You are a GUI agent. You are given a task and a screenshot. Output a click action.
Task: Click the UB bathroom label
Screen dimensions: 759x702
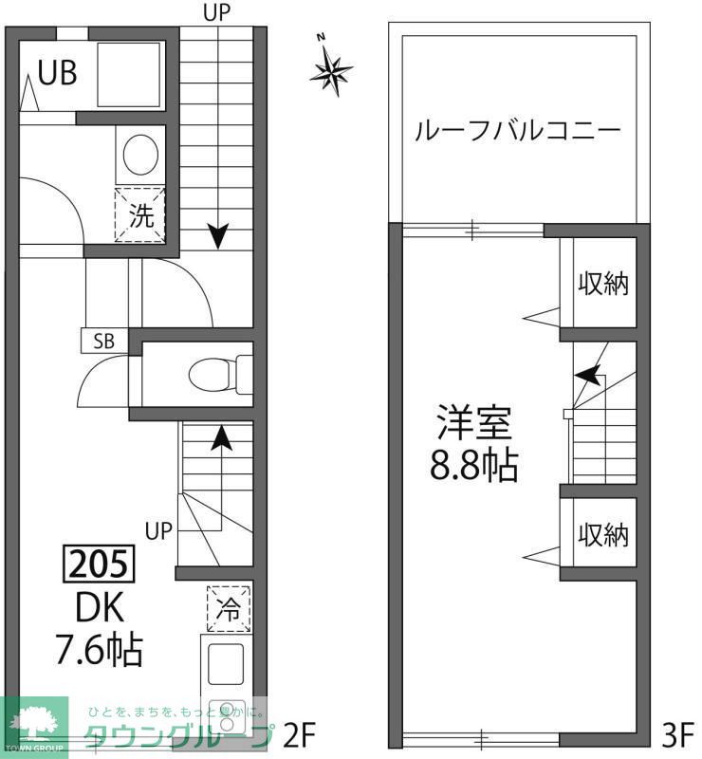(x=58, y=73)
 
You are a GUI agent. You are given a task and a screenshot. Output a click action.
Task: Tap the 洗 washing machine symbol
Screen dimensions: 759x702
(x=140, y=214)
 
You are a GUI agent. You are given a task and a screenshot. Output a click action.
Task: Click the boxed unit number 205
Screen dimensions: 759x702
(x=99, y=565)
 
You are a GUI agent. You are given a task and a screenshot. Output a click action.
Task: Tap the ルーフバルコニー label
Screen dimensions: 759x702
(x=517, y=131)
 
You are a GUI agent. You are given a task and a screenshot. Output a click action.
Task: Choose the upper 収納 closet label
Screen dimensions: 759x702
(x=603, y=283)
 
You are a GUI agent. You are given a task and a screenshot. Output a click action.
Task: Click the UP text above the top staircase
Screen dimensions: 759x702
(x=217, y=12)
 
